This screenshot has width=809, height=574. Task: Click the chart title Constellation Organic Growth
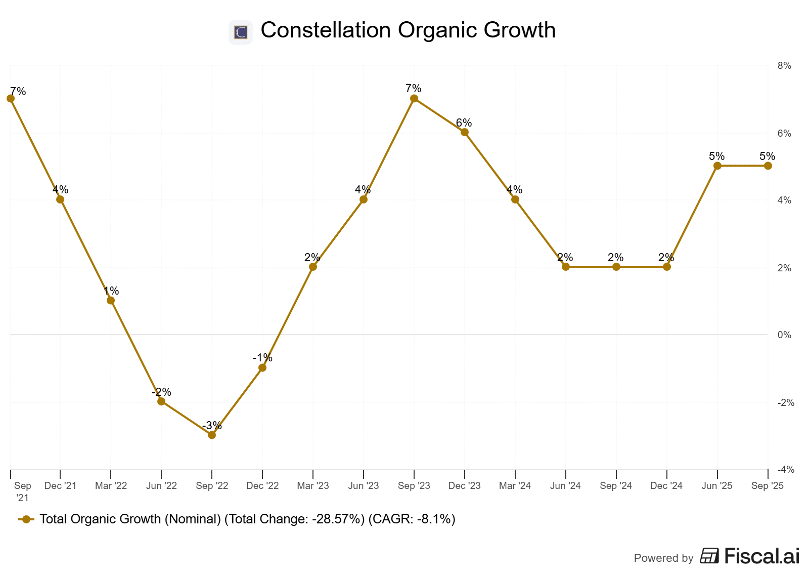tap(408, 30)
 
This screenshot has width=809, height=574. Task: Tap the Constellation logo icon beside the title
tap(241, 32)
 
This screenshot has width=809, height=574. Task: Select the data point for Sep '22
tap(212, 435)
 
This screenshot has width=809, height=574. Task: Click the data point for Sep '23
tap(414, 99)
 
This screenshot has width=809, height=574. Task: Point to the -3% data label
tap(212, 425)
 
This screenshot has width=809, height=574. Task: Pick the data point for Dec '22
tap(262, 367)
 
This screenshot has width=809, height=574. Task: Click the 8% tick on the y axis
tap(784, 66)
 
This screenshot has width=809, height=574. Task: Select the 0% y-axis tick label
tap(784, 335)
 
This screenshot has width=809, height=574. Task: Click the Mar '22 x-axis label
tap(111, 486)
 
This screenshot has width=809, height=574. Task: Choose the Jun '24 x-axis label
tap(565, 486)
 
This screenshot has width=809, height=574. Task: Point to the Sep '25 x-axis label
tap(767, 486)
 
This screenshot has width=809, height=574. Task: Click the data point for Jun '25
tap(717, 166)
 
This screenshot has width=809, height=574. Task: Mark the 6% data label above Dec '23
tap(464, 122)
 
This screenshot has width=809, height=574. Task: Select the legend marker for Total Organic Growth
tap(26, 519)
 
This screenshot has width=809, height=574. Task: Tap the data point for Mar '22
tap(111, 300)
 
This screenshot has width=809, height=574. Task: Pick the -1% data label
tap(262, 358)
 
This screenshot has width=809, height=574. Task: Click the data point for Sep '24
tap(616, 267)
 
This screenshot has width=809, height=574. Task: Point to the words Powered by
tap(663, 558)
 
